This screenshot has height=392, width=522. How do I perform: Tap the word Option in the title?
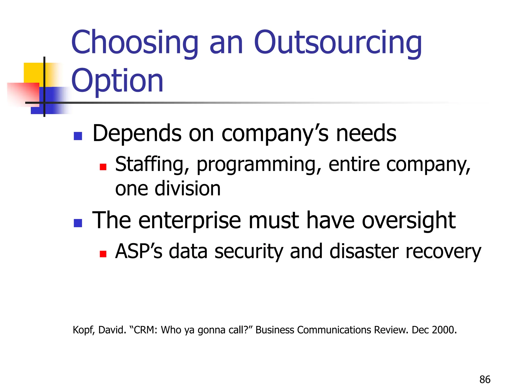(117, 81)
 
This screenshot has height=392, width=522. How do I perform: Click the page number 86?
(485, 379)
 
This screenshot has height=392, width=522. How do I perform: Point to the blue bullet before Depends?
(78, 136)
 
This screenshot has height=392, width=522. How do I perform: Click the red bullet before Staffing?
(103, 167)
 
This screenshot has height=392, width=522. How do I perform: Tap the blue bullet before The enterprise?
(78, 223)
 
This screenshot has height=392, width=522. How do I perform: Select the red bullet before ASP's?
(103, 254)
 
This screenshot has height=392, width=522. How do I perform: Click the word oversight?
(409, 221)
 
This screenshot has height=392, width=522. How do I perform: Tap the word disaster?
(364, 252)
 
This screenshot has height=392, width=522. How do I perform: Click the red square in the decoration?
(23, 93)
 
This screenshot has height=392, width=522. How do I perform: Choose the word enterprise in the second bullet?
(190, 221)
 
